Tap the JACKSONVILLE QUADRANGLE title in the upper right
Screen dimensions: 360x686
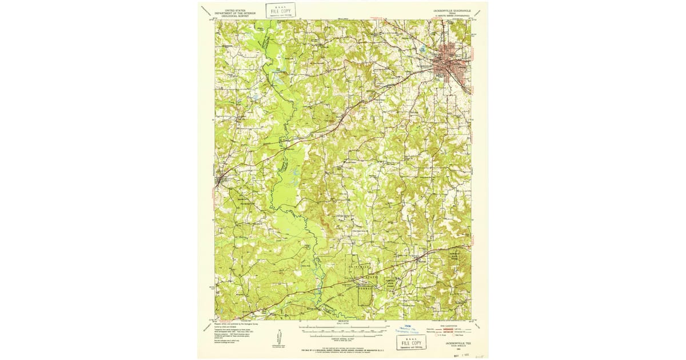[x=446, y=10]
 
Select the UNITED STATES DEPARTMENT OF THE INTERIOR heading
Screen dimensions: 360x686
[x=232, y=13]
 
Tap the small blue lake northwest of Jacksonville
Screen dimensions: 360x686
[x=422, y=50]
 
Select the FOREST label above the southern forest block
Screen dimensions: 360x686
[x=365, y=289]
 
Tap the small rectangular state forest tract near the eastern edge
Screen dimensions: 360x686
[x=458, y=256]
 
